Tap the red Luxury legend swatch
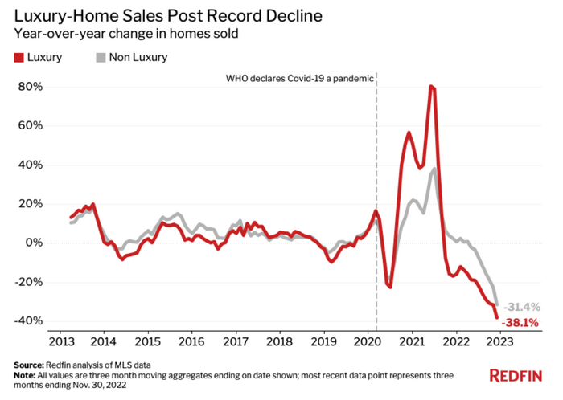20,58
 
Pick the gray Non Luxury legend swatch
101,58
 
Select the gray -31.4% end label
522,308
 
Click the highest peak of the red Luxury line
432,86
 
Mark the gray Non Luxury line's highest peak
434,169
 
